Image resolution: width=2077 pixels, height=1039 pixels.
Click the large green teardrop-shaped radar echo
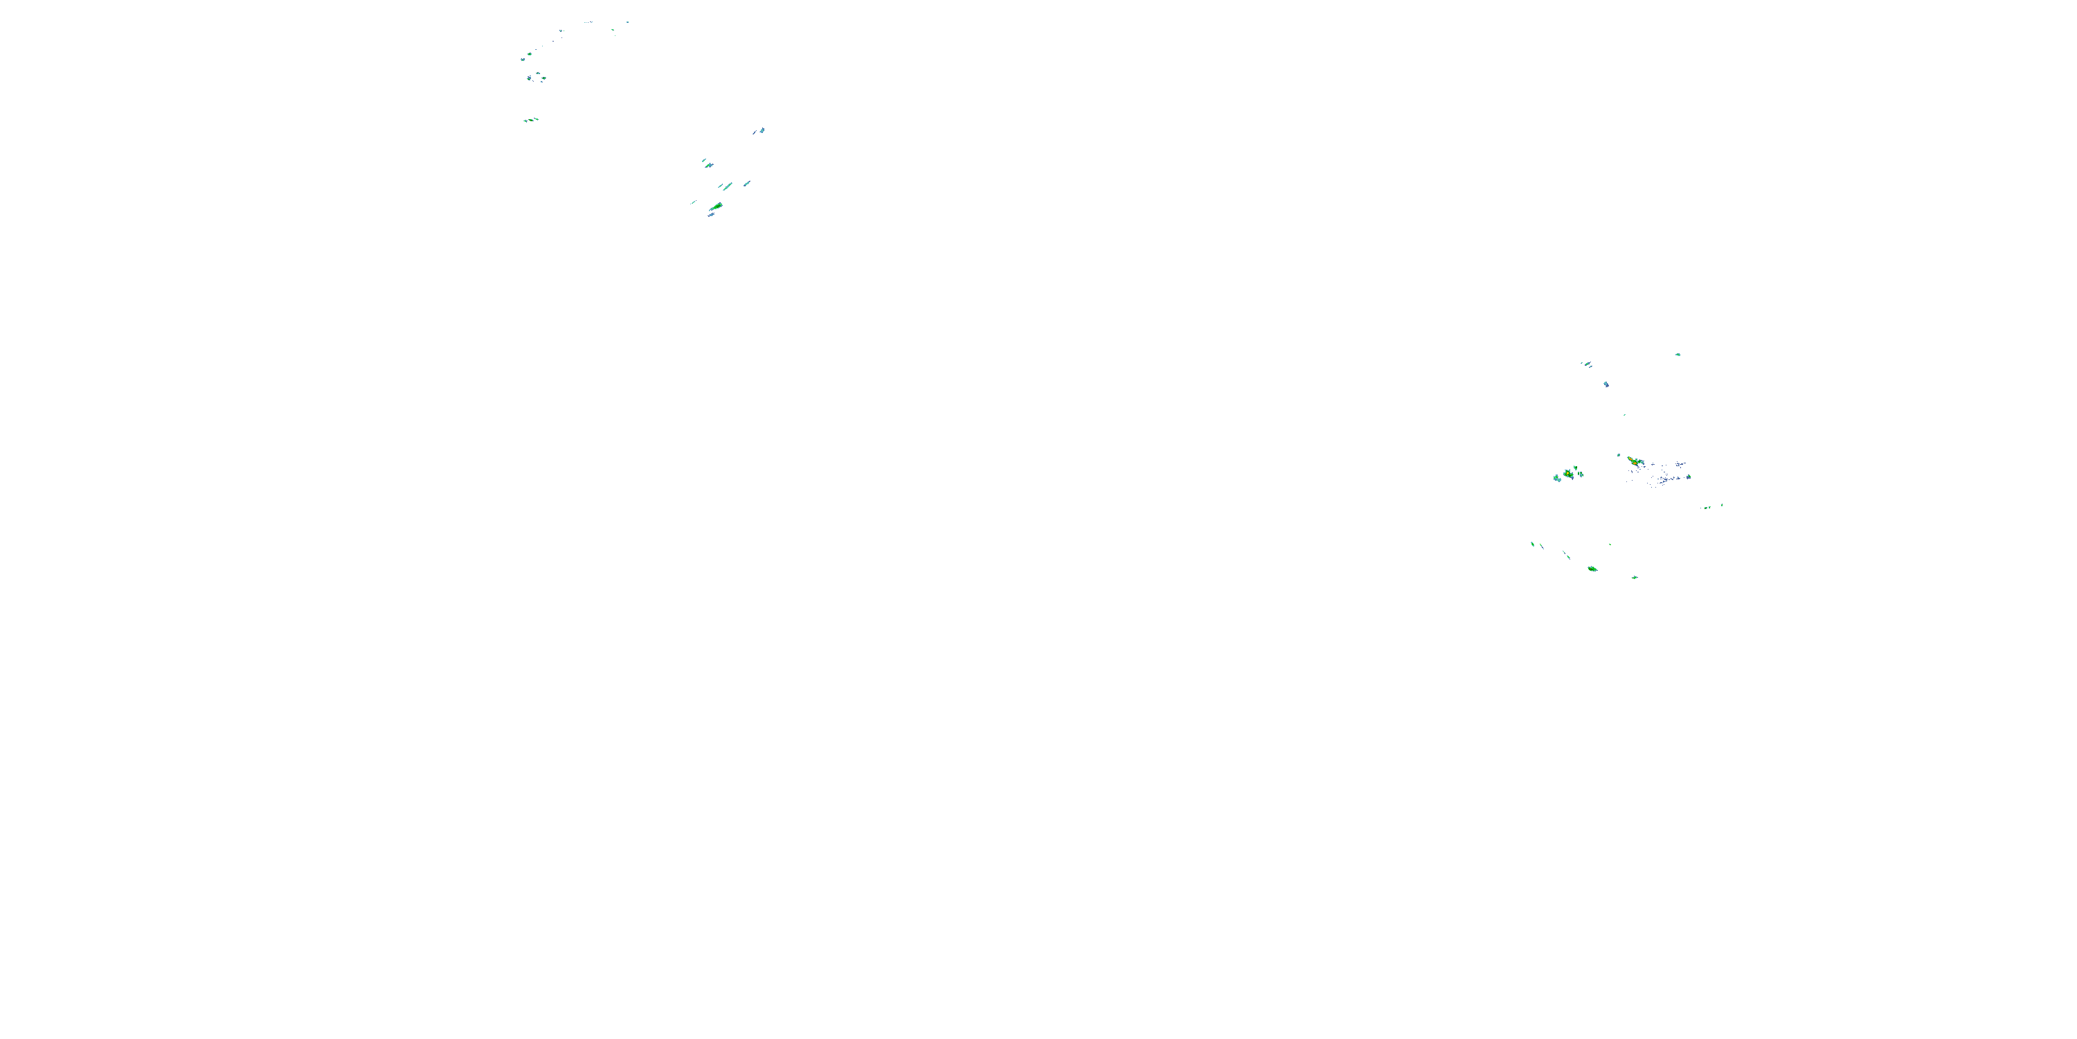715,207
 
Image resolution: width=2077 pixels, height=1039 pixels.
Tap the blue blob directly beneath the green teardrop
711,215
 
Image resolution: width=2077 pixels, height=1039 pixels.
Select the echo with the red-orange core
1632,461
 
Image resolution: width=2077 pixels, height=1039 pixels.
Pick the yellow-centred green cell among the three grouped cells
1568,472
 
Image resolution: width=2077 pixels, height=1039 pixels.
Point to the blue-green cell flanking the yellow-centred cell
1558,479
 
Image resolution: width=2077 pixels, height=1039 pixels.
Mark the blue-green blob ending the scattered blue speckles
1689,477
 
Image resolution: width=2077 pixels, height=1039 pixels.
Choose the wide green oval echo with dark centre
1592,569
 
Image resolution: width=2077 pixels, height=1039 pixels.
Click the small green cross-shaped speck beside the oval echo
1635,578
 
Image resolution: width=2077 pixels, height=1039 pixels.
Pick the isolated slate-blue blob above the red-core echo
1606,384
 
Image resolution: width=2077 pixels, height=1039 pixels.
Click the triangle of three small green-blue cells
536,78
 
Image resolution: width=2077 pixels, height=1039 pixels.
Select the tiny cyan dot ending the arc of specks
627,23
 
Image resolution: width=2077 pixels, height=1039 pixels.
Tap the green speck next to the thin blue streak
1706,508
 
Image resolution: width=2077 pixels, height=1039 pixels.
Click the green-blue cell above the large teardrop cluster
707,163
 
